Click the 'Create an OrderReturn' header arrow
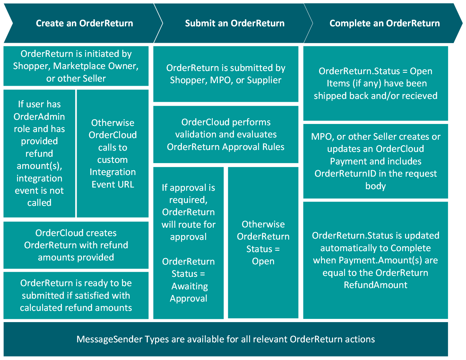click(x=84, y=23)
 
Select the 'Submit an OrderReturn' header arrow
click(x=234, y=23)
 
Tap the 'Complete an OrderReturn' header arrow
click(x=384, y=23)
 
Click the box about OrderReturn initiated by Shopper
click(x=76, y=66)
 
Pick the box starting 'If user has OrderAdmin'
click(x=39, y=154)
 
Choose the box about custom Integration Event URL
click(x=113, y=154)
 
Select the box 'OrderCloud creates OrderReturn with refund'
click(x=76, y=245)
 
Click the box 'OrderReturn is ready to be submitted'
click(x=76, y=295)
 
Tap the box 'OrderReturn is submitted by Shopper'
click(x=226, y=74)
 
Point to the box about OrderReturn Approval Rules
click(x=226, y=135)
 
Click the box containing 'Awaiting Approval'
click(x=188, y=243)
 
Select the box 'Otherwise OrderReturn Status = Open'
click(x=263, y=243)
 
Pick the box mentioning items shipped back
click(x=375, y=83)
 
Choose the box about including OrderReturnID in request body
click(x=375, y=161)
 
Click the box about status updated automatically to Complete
click(x=375, y=260)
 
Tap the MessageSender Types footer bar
click(x=226, y=339)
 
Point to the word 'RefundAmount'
click(x=375, y=285)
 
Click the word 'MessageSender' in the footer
click(x=109, y=339)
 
